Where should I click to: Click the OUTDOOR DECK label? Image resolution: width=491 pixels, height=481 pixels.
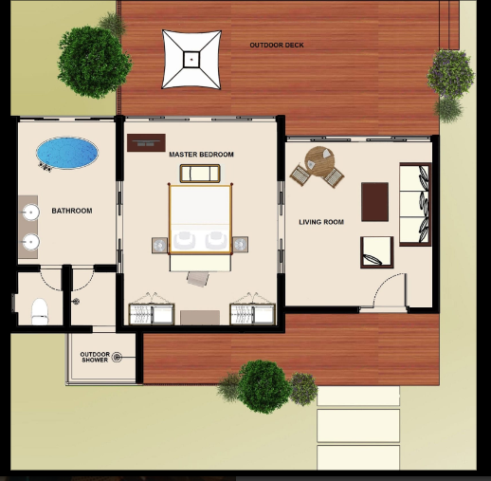pos(277,46)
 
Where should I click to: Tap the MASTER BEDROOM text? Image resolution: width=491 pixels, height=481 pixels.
pos(201,155)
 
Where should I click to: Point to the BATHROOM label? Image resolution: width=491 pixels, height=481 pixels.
pos(72,211)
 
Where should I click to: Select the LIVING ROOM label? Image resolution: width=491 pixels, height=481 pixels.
pos(321,222)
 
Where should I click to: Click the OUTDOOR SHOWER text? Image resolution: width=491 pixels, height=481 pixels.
pos(95,357)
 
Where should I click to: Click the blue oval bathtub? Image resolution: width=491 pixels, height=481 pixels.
pos(67,153)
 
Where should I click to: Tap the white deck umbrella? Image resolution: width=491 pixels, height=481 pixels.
pos(191,59)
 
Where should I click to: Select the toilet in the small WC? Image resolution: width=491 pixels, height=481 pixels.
pos(40,311)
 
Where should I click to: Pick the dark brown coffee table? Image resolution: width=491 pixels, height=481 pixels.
pos(374,202)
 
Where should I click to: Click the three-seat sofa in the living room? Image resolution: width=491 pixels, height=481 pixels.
pos(415,204)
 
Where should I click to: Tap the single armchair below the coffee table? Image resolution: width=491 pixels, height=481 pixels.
pos(377,252)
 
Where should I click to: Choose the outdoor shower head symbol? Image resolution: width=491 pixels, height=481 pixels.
pos(117,357)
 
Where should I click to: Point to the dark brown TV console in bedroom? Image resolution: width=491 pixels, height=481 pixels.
pos(146,142)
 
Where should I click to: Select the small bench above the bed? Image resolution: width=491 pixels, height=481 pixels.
pos(200,174)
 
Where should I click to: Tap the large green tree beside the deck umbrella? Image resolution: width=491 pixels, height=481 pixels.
pos(94,63)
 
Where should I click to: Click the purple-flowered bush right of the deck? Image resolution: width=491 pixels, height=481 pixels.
pos(451,73)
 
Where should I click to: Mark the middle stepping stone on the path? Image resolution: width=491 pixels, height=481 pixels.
pos(358,426)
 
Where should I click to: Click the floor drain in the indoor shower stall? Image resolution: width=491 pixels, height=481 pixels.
pos(76,302)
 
